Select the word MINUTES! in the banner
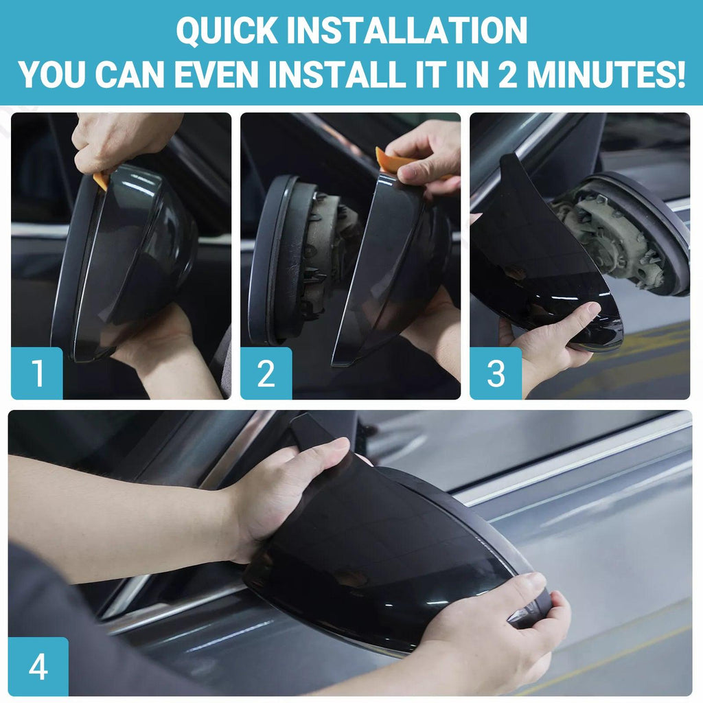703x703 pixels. click(x=606, y=74)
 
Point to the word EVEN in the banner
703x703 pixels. click(x=216, y=74)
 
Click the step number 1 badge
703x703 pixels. click(x=37, y=373)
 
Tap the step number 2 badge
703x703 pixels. click(x=266, y=373)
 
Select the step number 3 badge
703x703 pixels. click(x=496, y=373)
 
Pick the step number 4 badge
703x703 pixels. click(x=38, y=667)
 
